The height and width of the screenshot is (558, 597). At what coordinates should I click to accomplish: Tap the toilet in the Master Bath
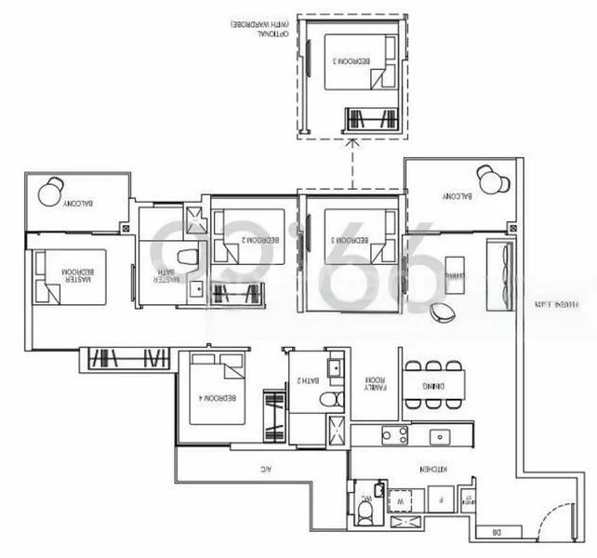(189, 257)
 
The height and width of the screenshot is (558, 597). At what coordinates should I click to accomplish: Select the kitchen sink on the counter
(437, 435)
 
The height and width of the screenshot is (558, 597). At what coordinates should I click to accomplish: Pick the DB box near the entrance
(494, 534)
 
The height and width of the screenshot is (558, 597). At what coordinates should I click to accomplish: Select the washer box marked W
(401, 498)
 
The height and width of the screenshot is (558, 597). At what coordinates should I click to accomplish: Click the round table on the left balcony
(51, 192)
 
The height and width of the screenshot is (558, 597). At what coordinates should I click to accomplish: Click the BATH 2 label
(304, 380)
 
